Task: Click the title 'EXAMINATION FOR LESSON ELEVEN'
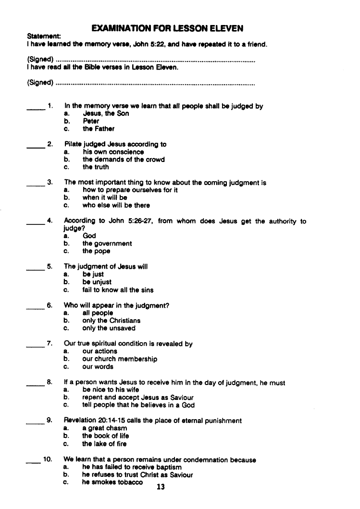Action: pyautogui.click(x=167, y=28)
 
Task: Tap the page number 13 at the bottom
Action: pyautogui.click(x=161, y=487)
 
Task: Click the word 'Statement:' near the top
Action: pyautogui.click(x=44, y=37)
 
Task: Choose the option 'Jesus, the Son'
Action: pyautogui.click(x=106, y=114)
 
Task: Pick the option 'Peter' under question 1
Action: pyautogui.click(x=91, y=122)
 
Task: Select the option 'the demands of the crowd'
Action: pyautogui.click(x=124, y=160)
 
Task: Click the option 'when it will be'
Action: pyautogui.click(x=105, y=198)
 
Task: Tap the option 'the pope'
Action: pyautogui.click(x=96, y=251)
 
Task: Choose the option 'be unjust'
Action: pyautogui.click(x=97, y=282)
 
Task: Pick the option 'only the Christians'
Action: pyautogui.click(x=112, y=321)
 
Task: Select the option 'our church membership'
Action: pyautogui.click(x=120, y=359)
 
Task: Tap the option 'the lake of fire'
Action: pyautogui.click(x=104, y=444)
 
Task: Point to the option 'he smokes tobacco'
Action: pyautogui.click(x=112, y=482)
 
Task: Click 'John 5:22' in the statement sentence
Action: pyautogui.click(x=147, y=45)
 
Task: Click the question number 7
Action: pyautogui.click(x=50, y=344)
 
